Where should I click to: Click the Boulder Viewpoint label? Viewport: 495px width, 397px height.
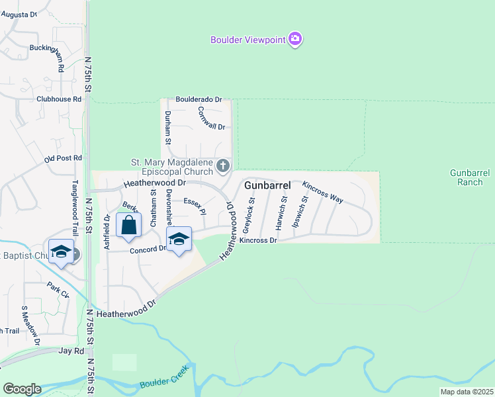tap(247, 40)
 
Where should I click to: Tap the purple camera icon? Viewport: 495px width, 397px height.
tap(295, 40)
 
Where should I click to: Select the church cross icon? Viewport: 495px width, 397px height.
tap(224, 165)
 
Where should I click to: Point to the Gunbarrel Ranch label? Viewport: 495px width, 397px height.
tap(469, 177)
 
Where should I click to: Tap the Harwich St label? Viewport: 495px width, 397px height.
tap(283, 212)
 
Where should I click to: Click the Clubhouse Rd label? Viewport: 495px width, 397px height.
tap(59, 99)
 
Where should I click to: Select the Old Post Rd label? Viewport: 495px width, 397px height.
tap(63, 159)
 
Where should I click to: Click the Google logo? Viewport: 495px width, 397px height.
tap(22, 388)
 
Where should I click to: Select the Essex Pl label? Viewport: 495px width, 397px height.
tap(195, 206)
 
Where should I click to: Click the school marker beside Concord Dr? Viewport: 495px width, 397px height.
tap(179, 240)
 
